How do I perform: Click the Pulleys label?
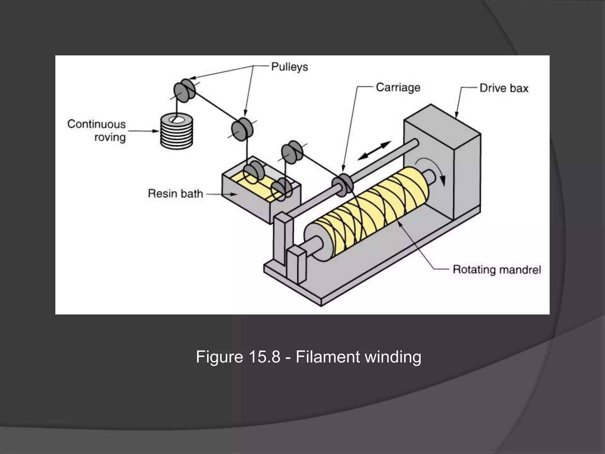click(290, 67)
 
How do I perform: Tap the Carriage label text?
click(398, 87)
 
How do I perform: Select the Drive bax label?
click(504, 88)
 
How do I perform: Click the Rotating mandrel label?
click(497, 270)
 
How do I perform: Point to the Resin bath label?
click(175, 194)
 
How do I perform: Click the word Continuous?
click(97, 124)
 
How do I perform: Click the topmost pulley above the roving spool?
click(184, 90)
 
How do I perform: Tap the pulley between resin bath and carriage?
click(292, 152)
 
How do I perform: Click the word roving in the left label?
click(110, 137)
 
